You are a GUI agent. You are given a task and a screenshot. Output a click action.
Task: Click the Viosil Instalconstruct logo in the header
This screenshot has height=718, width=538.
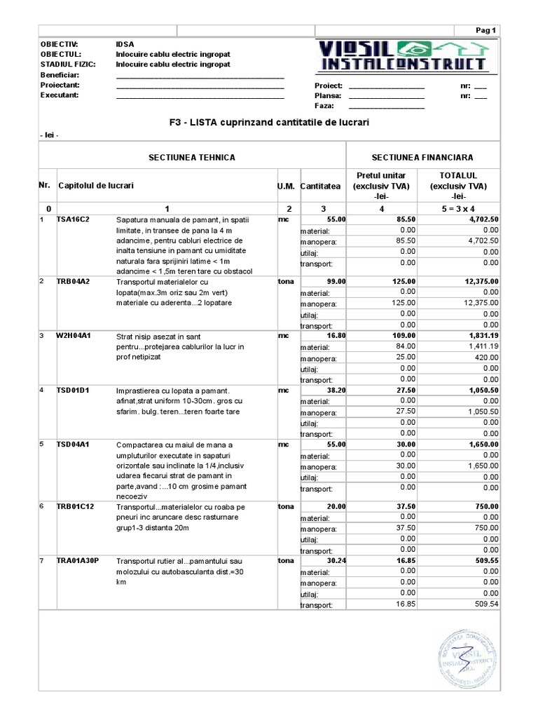403,57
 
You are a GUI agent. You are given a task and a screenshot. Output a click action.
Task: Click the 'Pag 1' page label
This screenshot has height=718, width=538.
485,30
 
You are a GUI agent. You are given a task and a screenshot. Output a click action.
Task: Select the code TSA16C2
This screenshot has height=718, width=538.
72,219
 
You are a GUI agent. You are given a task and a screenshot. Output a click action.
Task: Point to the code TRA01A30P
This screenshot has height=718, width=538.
78,560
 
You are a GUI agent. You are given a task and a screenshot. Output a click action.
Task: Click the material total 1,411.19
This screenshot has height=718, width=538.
480,346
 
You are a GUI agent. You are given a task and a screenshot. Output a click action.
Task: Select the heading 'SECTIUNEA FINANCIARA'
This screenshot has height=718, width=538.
422,158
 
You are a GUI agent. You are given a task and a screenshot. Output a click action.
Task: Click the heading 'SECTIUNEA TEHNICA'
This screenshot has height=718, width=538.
191,158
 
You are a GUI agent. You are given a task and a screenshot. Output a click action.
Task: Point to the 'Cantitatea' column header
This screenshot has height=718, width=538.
320,187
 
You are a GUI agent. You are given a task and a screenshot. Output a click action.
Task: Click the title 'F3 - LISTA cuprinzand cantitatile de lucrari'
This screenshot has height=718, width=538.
269,122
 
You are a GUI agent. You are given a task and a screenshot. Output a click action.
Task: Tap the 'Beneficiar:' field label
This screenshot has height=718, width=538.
60,74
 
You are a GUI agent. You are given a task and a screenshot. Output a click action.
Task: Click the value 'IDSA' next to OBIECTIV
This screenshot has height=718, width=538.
125,43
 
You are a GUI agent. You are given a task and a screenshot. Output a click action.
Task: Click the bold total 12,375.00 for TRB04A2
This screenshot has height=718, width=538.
476,281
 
